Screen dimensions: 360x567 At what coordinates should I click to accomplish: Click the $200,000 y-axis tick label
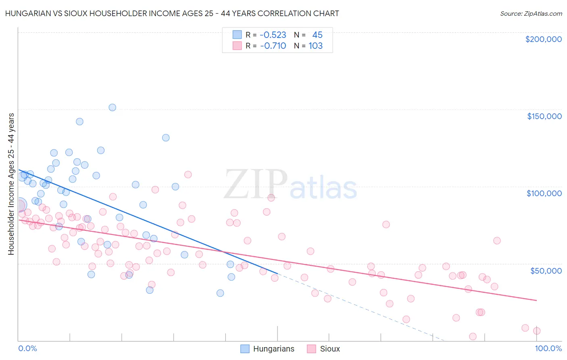[x=543, y=39]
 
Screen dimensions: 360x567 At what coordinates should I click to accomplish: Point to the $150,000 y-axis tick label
[x=544, y=116]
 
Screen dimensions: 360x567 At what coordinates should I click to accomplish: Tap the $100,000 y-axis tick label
[x=544, y=193]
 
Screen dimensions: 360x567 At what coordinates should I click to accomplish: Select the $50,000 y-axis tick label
[x=546, y=270]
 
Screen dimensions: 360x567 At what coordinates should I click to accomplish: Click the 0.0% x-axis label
[x=27, y=349]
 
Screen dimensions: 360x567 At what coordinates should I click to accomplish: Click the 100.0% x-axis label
[x=548, y=349]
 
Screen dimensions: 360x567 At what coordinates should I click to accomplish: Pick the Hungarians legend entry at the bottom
[x=268, y=349]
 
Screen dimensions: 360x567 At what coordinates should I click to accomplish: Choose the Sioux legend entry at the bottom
[x=323, y=349]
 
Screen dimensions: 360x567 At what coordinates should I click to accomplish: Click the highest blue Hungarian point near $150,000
[x=113, y=107]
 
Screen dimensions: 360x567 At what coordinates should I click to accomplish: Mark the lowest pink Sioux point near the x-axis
[x=473, y=337]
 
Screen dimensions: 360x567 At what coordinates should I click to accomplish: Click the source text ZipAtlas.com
[x=531, y=14]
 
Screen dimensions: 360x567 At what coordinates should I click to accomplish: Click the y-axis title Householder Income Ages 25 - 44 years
[x=11, y=184]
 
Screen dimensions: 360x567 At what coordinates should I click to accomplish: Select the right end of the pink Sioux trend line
[x=536, y=300]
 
